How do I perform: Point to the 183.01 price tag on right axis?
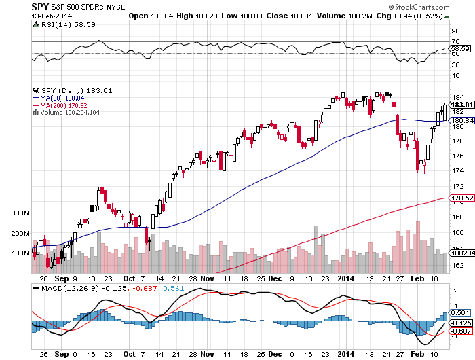point(460,105)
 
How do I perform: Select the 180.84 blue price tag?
point(460,120)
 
